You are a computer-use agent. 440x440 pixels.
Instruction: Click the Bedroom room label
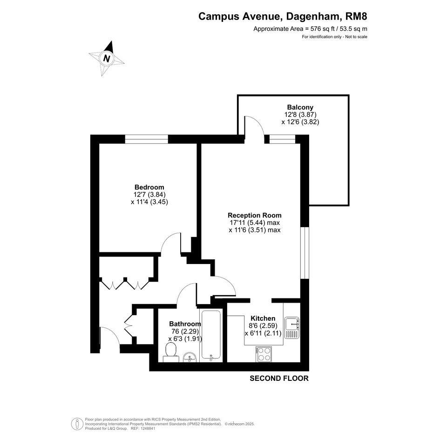pos(149,187)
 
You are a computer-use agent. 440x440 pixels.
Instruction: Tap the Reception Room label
pos(255,215)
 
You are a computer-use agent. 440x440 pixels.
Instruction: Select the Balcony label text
pos(300,107)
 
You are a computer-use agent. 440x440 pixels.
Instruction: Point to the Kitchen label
pos(263,318)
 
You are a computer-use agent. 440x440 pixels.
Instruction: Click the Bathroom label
pos(185,324)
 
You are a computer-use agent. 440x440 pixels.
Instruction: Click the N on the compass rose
pos(106,58)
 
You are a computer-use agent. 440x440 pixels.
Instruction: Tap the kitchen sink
pos(292,327)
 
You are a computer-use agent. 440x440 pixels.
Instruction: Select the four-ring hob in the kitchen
pos(264,354)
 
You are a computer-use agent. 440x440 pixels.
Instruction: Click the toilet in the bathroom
pos(171,353)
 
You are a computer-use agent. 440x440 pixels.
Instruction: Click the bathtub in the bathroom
pos(211,336)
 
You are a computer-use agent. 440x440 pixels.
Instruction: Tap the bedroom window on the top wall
pos(147,139)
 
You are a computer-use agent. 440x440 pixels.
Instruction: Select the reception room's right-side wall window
pos(305,253)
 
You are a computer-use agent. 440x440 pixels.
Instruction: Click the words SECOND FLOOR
pos(279,378)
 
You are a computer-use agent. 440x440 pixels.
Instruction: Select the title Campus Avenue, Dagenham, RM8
pos(283,16)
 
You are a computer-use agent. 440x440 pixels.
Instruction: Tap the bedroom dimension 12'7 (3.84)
pos(149,195)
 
